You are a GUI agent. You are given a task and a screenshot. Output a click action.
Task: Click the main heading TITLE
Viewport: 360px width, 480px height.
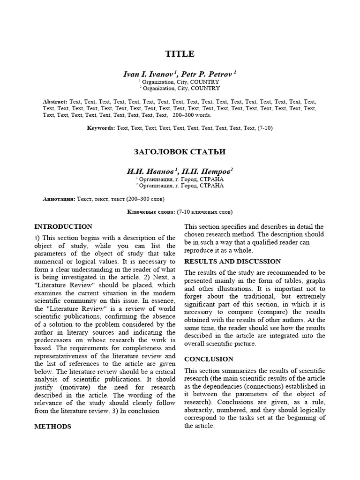(180, 54)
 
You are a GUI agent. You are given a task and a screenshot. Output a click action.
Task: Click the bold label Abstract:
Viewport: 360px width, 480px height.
(55, 101)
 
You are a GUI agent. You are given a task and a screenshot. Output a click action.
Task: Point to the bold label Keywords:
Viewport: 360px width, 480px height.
(101, 128)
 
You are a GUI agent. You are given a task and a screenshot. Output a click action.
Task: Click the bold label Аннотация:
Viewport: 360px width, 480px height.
(59, 199)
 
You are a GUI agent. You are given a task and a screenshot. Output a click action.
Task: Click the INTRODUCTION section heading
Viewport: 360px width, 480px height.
(64, 226)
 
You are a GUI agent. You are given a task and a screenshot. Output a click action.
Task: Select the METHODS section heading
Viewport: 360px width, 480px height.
(53, 427)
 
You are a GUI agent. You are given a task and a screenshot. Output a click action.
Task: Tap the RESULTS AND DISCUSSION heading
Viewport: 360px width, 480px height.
(232, 261)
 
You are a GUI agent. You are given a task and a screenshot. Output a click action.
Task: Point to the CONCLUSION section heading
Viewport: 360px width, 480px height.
(209, 359)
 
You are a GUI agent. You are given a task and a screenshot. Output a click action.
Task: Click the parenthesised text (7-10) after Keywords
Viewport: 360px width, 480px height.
(265, 128)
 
